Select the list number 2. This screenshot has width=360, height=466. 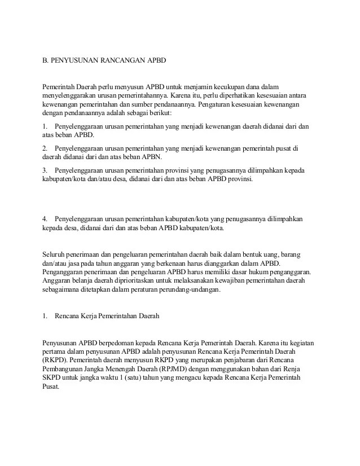pos(45,148)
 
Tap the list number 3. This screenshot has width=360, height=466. pos(45,170)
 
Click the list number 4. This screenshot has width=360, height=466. pos(45,219)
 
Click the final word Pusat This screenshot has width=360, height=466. pos(51,387)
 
